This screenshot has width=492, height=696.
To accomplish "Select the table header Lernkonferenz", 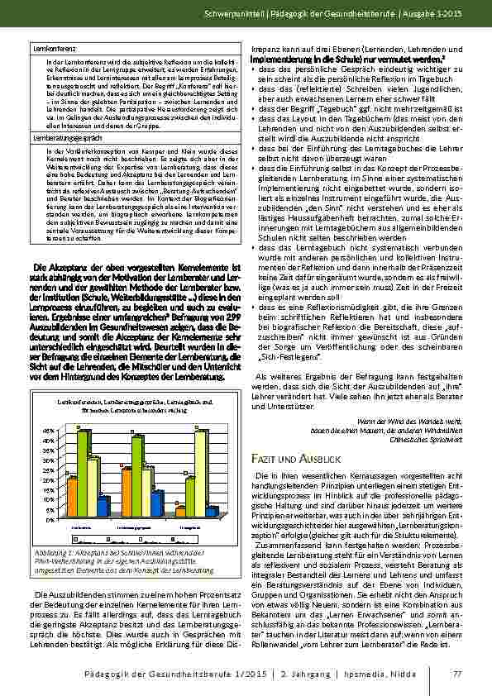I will click(50, 50).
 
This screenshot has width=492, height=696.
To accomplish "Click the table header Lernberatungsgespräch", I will click(60, 140).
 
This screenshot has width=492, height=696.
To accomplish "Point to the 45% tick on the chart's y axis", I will click(51, 431).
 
